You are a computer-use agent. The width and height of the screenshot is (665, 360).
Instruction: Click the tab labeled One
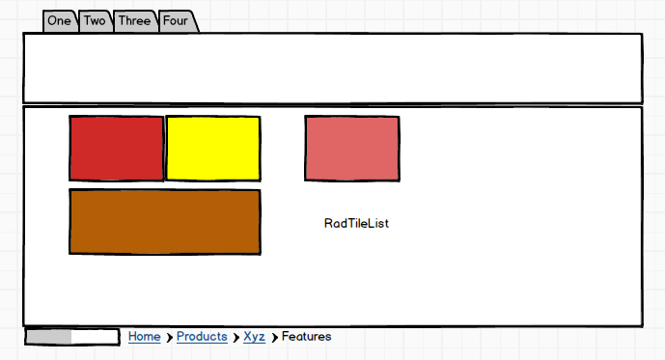[60, 21]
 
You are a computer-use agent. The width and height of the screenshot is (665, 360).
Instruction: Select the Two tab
[95, 21]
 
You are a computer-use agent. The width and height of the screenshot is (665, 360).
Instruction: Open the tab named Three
[135, 21]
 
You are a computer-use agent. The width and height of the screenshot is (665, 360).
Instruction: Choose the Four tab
[176, 21]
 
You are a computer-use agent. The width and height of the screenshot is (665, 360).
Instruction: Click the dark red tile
[117, 149]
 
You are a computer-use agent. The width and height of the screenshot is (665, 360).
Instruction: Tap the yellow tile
[213, 149]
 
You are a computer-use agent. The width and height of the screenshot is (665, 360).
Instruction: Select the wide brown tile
[165, 222]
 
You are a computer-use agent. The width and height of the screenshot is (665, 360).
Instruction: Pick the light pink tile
[352, 149]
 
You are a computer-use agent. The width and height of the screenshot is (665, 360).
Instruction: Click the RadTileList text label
[356, 224]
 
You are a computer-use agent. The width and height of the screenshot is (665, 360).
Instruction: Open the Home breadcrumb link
[145, 337]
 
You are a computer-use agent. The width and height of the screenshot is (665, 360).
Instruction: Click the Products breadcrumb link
[202, 337]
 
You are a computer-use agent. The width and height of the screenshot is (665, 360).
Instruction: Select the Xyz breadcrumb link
[255, 337]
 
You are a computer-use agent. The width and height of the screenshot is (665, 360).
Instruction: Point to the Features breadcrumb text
[306, 336]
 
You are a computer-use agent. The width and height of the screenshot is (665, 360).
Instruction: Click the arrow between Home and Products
[169, 338]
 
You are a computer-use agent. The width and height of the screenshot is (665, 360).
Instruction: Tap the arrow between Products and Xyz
[236, 338]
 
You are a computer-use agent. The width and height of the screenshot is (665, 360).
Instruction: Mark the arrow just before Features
[275, 338]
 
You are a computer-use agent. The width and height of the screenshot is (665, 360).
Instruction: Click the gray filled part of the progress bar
[49, 337]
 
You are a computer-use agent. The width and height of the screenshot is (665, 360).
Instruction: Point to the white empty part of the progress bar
[95, 337]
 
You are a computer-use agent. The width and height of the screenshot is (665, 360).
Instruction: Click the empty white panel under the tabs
[333, 68]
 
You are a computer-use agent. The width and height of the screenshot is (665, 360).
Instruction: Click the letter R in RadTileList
[328, 224]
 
